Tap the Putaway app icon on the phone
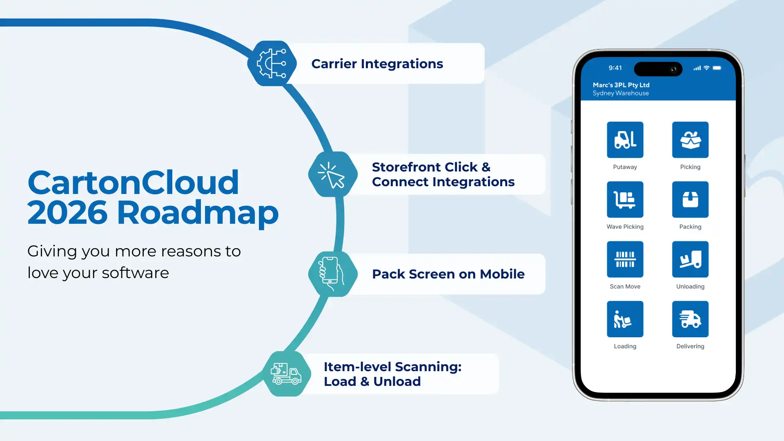(x=625, y=140)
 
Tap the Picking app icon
(x=690, y=140)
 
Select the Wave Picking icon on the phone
(x=625, y=199)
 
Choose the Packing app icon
(x=690, y=199)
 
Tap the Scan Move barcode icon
(x=625, y=259)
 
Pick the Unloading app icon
(x=690, y=259)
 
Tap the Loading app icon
(x=625, y=319)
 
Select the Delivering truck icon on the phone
(x=690, y=319)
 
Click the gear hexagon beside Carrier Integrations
(x=272, y=63)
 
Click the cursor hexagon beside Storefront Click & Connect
(x=332, y=174)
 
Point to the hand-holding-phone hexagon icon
(x=332, y=274)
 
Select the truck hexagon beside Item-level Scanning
(x=286, y=374)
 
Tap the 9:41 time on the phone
(x=615, y=68)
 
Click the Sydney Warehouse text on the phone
(x=620, y=93)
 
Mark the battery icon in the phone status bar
(x=717, y=68)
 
